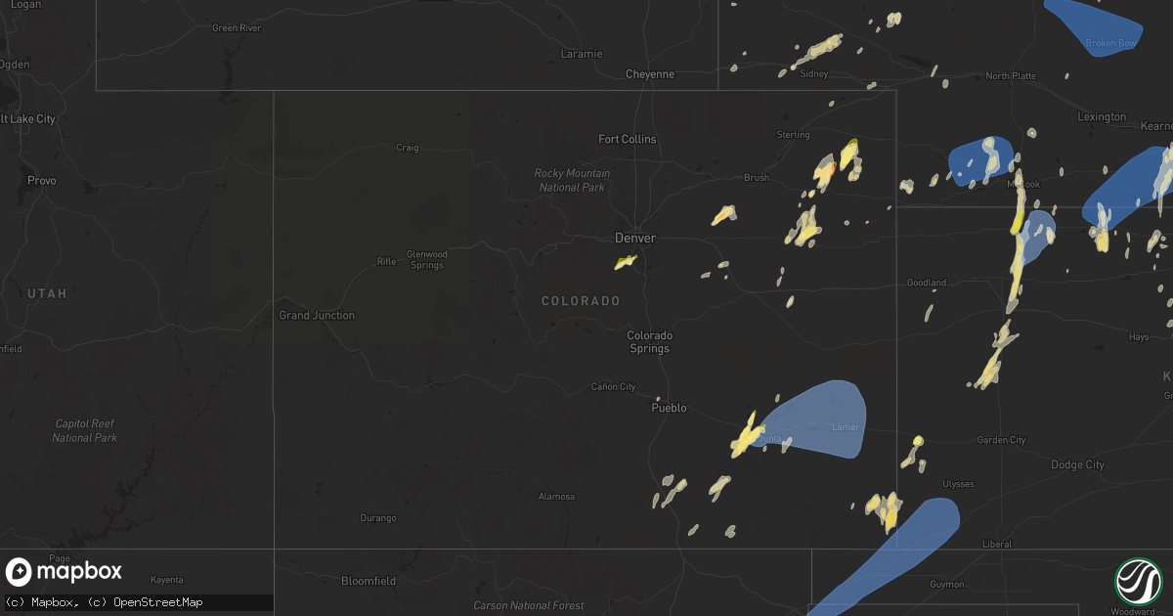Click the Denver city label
pyautogui.click(x=634, y=238)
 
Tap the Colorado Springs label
pyautogui.click(x=650, y=341)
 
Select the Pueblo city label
pyautogui.click(x=670, y=408)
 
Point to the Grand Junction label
pyautogui.click(x=317, y=315)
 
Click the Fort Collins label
pyautogui.click(x=628, y=139)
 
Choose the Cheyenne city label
pyautogui.click(x=650, y=73)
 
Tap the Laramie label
pyautogui.click(x=582, y=54)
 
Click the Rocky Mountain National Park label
pyautogui.click(x=572, y=180)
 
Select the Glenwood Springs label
pyautogui.click(x=426, y=260)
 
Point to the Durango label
pyautogui.click(x=378, y=517)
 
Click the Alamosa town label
pyautogui.click(x=556, y=496)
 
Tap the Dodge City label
pyautogui.click(x=1077, y=464)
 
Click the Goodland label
pyautogui.click(x=926, y=283)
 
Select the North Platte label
pyautogui.click(x=1011, y=75)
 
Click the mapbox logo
pyautogui.click(x=64, y=572)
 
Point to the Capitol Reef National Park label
pyautogui.click(x=84, y=430)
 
